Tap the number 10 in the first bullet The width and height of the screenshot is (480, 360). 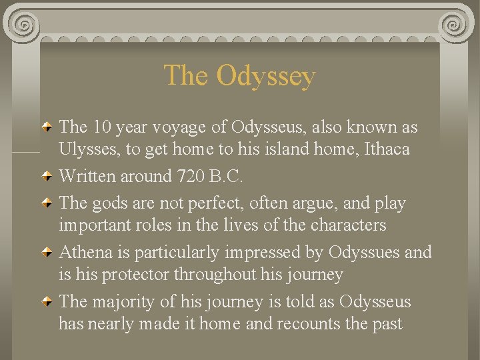102,127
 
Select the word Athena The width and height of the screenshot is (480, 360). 92,252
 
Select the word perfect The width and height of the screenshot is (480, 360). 203,203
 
